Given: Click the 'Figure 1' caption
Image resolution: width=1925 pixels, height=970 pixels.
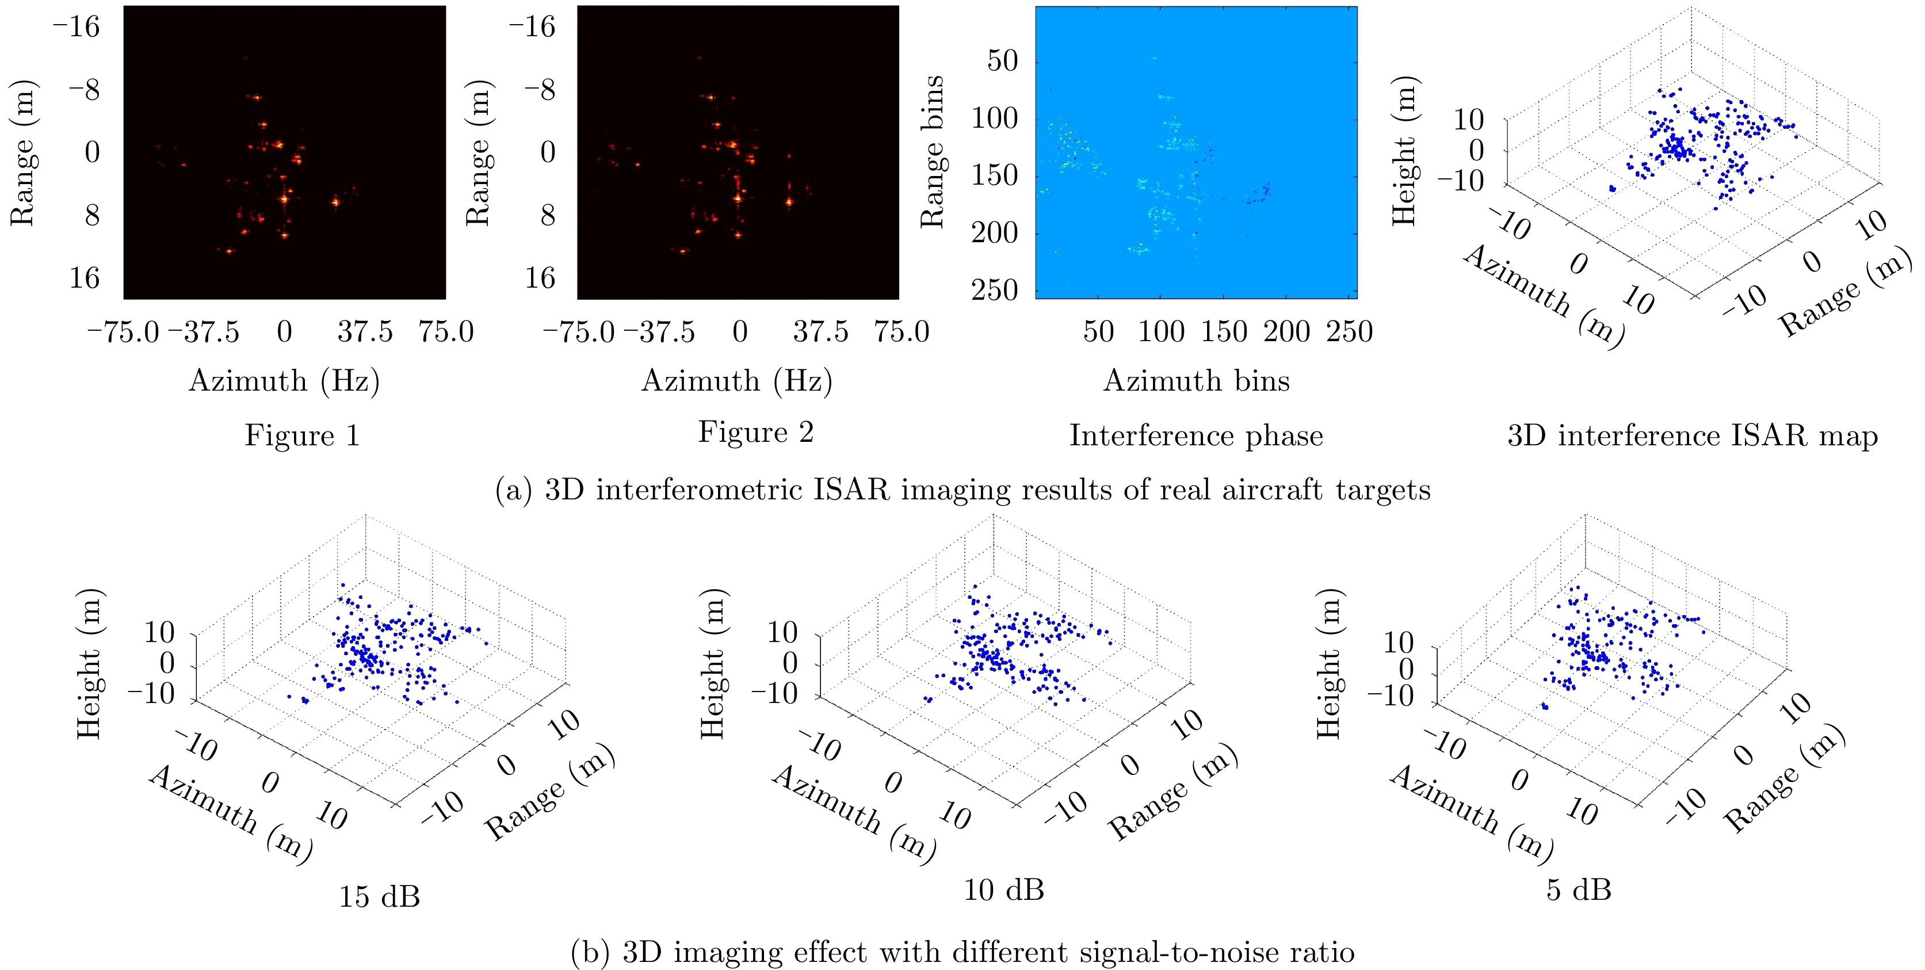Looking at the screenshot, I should (303, 435).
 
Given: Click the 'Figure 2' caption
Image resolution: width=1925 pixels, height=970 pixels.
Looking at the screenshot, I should (755, 432).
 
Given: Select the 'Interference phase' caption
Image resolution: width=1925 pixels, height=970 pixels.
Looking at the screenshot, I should (1196, 435).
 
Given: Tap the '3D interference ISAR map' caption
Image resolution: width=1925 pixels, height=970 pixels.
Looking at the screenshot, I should (1693, 435).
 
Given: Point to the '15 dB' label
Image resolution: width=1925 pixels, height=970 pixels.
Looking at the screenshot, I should (380, 896).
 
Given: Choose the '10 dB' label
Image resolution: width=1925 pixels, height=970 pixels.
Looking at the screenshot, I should (1003, 889).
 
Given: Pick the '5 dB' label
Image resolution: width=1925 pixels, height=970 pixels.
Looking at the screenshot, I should (1578, 889).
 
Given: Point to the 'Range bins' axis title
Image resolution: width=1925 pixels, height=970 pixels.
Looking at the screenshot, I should (932, 152).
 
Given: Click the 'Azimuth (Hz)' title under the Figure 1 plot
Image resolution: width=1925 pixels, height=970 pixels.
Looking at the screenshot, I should (284, 380).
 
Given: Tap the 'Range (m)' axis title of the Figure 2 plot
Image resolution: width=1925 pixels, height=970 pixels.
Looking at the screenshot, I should (478, 152).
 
